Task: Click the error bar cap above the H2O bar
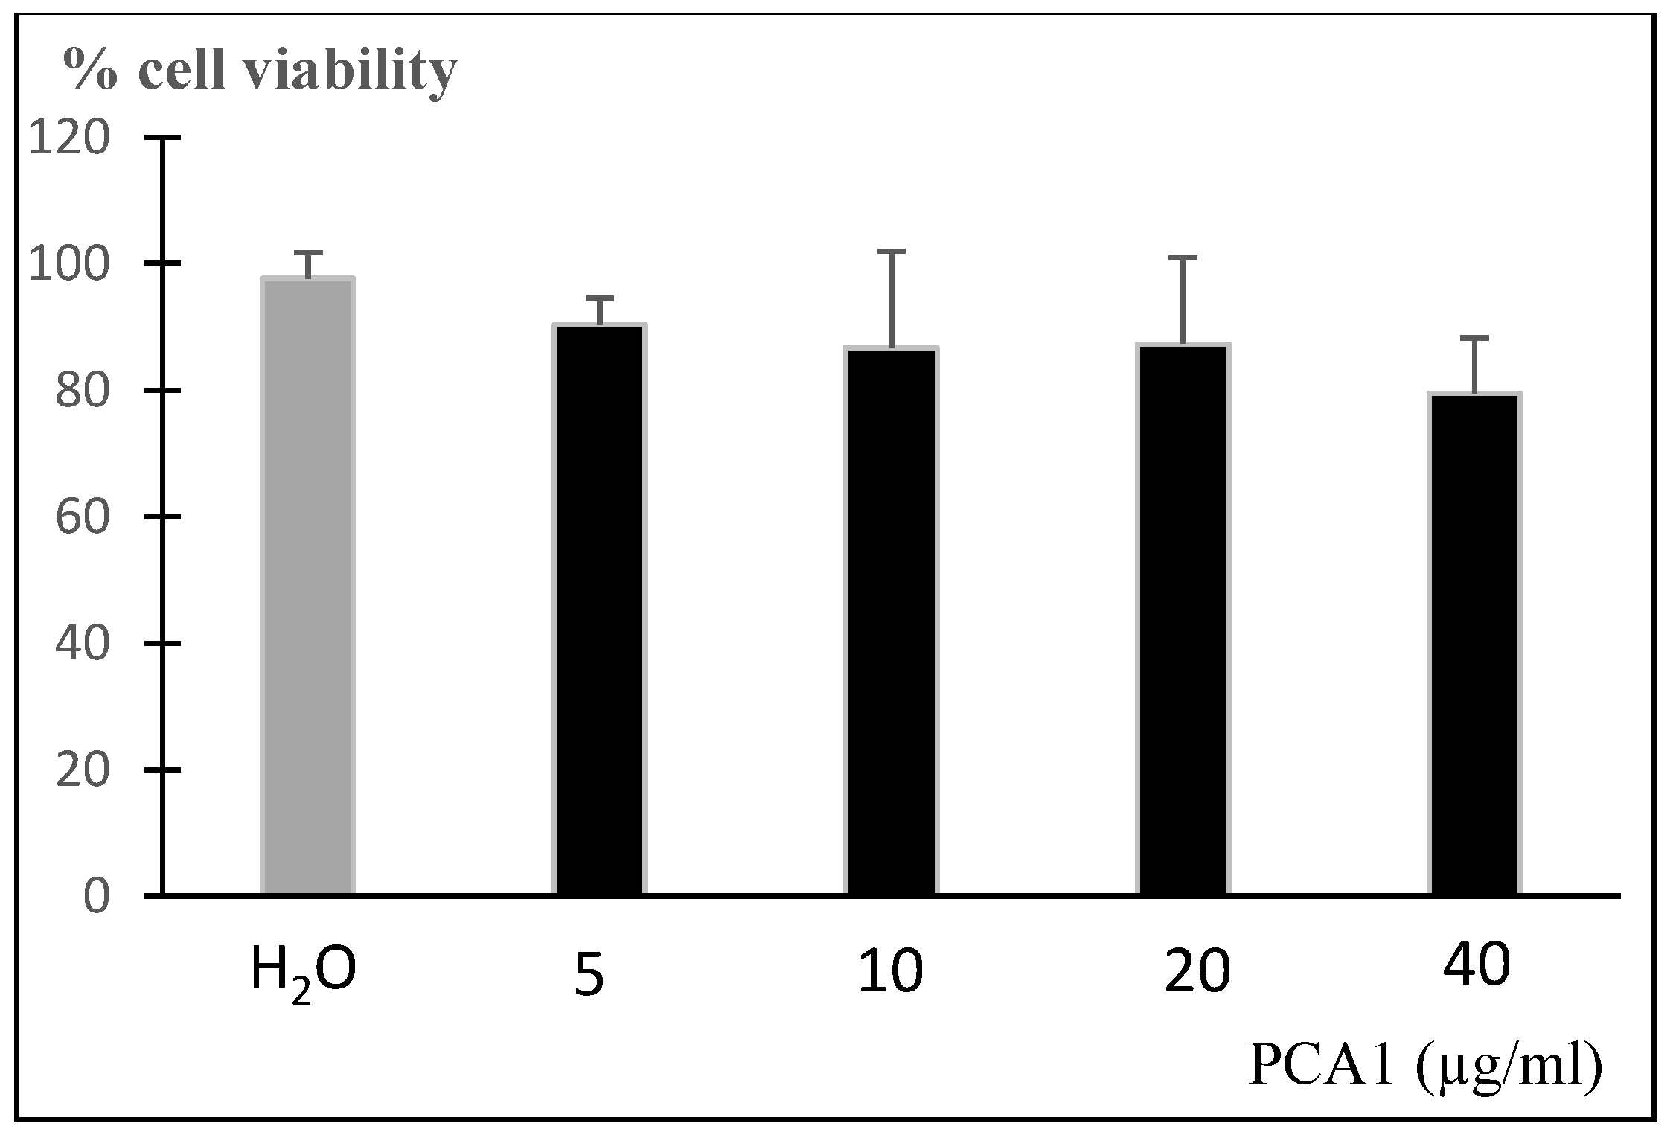coord(307,252)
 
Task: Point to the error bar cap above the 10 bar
coord(892,252)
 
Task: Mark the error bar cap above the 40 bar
coord(1475,338)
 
